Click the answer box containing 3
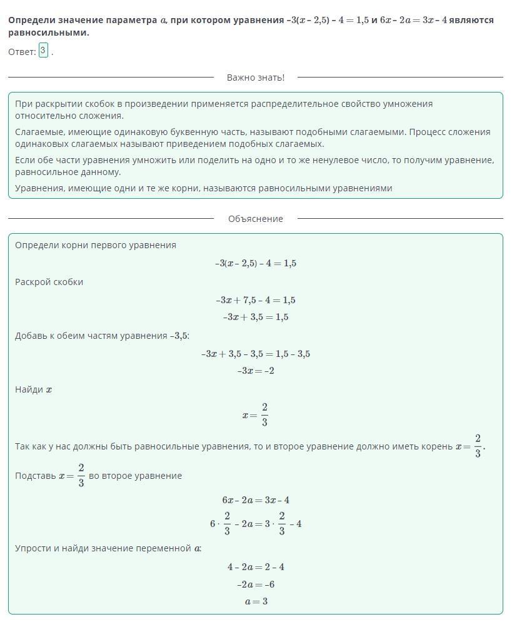(x=43, y=51)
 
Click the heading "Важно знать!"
(x=255, y=78)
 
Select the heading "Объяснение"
(x=255, y=219)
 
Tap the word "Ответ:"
(x=22, y=53)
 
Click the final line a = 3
(x=256, y=601)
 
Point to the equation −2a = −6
(x=256, y=584)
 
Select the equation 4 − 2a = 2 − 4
(x=256, y=568)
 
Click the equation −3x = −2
(x=256, y=371)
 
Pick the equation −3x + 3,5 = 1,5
(x=256, y=317)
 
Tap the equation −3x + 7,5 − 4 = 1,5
(x=256, y=300)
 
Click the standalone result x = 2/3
(x=256, y=414)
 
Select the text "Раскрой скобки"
(x=49, y=282)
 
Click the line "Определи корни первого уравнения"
(x=96, y=245)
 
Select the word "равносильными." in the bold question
(x=49, y=33)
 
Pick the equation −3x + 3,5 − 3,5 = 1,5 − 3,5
(x=256, y=354)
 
